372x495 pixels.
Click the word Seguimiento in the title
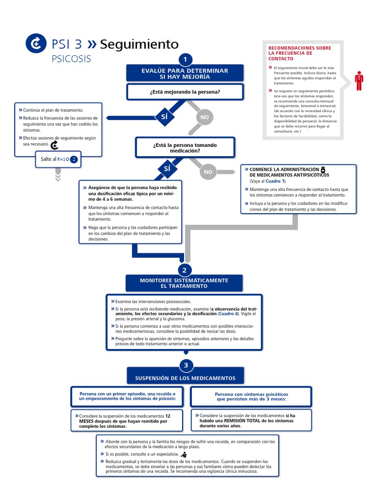click(x=139, y=44)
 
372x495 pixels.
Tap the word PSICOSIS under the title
click(x=71, y=59)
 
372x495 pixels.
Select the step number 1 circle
click(x=184, y=59)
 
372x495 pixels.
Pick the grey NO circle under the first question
click(x=204, y=117)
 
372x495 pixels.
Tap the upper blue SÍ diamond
click(x=164, y=116)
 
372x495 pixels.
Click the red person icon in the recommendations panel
click(x=358, y=81)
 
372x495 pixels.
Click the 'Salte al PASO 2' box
click(x=57, y=159)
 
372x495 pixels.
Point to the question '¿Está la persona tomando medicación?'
click(x=185, y=147)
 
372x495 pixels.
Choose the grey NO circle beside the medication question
click(x=208, y=172)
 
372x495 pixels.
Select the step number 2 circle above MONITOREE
click(x=184, y=270)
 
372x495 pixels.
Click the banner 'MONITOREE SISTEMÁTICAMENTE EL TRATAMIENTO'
click(x=184, y=283)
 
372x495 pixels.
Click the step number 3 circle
click(x=186, y=365)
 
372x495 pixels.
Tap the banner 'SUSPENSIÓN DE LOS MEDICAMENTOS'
click(x=185, y=378)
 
